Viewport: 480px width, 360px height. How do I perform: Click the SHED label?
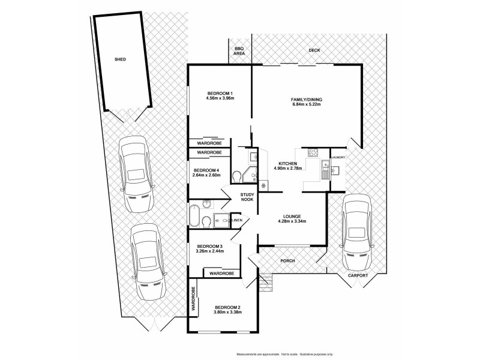pos(120,60)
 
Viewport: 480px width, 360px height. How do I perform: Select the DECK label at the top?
pos(314,51)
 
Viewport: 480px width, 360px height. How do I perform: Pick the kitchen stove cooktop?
pos(313,151)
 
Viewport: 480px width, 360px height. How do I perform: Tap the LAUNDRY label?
pos(338,157)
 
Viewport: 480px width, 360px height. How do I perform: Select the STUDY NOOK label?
pos(248,197)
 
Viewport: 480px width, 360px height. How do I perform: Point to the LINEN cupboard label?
pos(237,221)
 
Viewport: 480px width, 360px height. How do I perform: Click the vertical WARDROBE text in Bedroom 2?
pos(194,298)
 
